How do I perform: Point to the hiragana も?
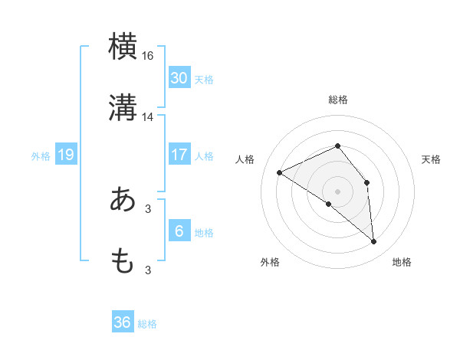(123, 261)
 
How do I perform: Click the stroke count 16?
(148, 55)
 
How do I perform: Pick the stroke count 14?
(148, 117)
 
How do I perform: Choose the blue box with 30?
(179, 77)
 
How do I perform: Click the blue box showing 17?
(179, 155)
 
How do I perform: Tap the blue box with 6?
(179, 231)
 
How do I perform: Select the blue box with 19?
(66, 155)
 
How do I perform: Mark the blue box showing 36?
(123, 322)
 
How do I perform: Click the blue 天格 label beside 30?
(204, 79)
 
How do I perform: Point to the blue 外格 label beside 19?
(41, 155)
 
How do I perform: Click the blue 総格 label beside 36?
(147, 324)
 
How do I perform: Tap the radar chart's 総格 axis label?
(338, 100)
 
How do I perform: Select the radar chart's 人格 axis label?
(245, 159)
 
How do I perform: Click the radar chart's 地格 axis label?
(402, 262)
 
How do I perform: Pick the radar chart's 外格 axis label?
(270, 262)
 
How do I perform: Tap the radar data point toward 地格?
(374, 242)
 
